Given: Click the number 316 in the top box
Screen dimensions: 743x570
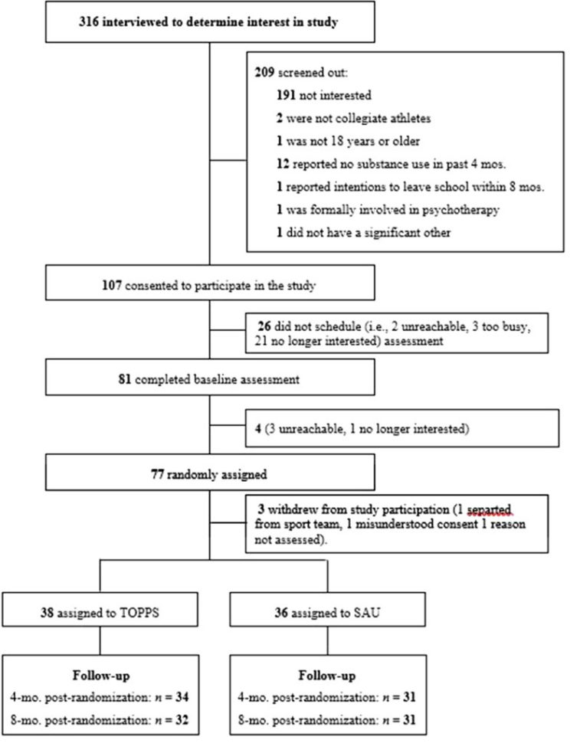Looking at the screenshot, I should pyautogui.click(x=90, y=22).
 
